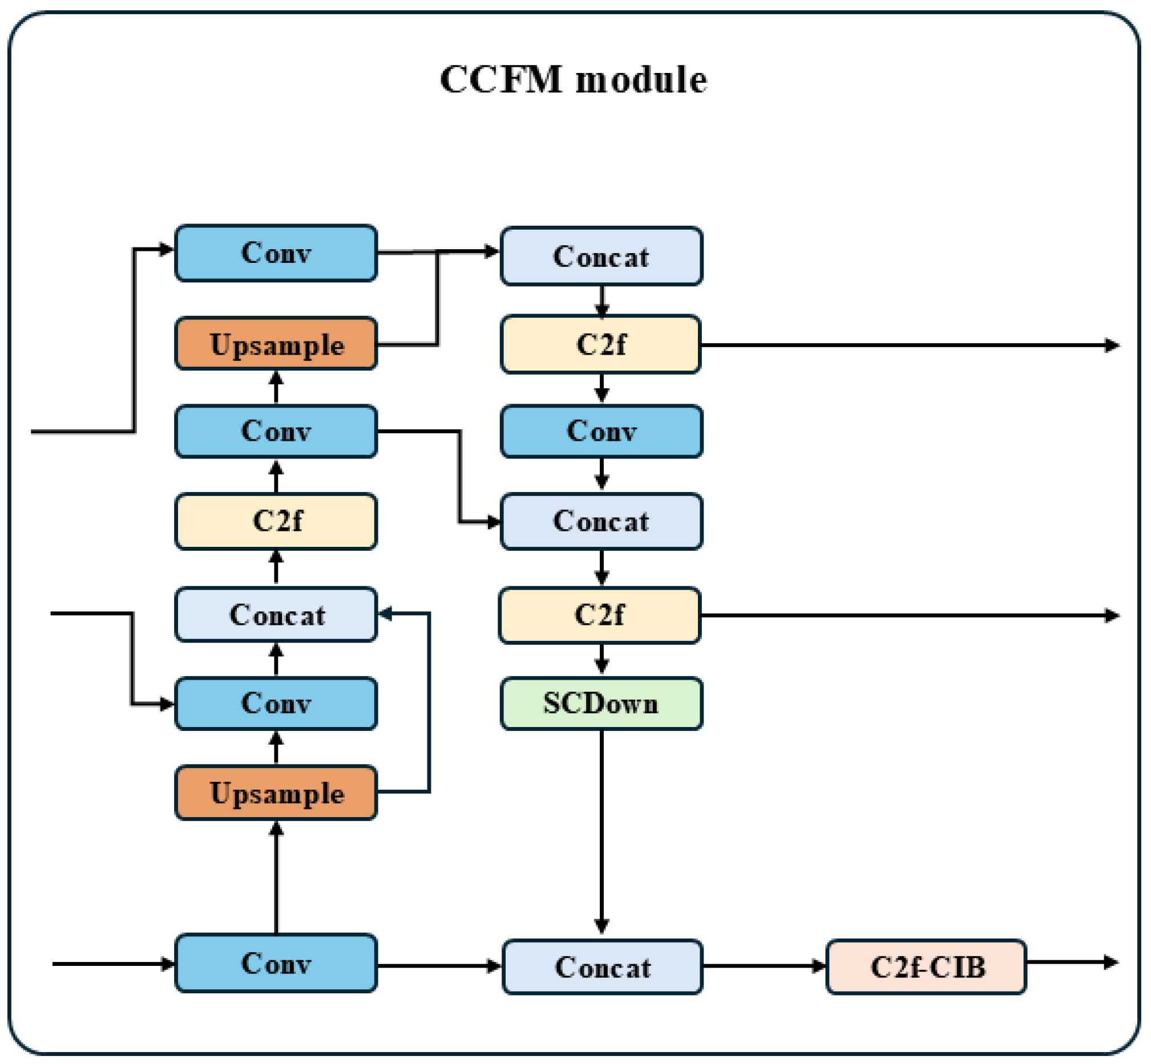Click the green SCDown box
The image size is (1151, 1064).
[601, 704]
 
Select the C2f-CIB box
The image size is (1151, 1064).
[926, 967]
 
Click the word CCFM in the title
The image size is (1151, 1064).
[500, 79]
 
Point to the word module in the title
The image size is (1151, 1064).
[641, 79]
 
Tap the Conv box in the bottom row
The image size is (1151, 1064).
[276, 964]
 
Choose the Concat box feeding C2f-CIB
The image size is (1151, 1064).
[603, 967]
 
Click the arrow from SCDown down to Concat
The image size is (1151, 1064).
[601, 832]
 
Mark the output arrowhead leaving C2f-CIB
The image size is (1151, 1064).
[1110, 962]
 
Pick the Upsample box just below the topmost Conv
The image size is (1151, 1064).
[276, 344]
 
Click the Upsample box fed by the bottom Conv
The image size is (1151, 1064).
[276, 793]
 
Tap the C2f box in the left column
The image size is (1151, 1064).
[276, 521]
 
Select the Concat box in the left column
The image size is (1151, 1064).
[276, 614]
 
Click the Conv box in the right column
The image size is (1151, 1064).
[601, 431]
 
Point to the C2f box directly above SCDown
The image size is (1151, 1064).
[600, 615]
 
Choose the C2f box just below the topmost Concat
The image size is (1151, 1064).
[601, 344]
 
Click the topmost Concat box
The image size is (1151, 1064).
[601, 256]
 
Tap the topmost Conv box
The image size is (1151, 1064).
[276, 253]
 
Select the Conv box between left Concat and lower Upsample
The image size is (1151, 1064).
[276, 704]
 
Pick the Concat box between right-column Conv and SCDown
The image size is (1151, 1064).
[601, 521]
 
